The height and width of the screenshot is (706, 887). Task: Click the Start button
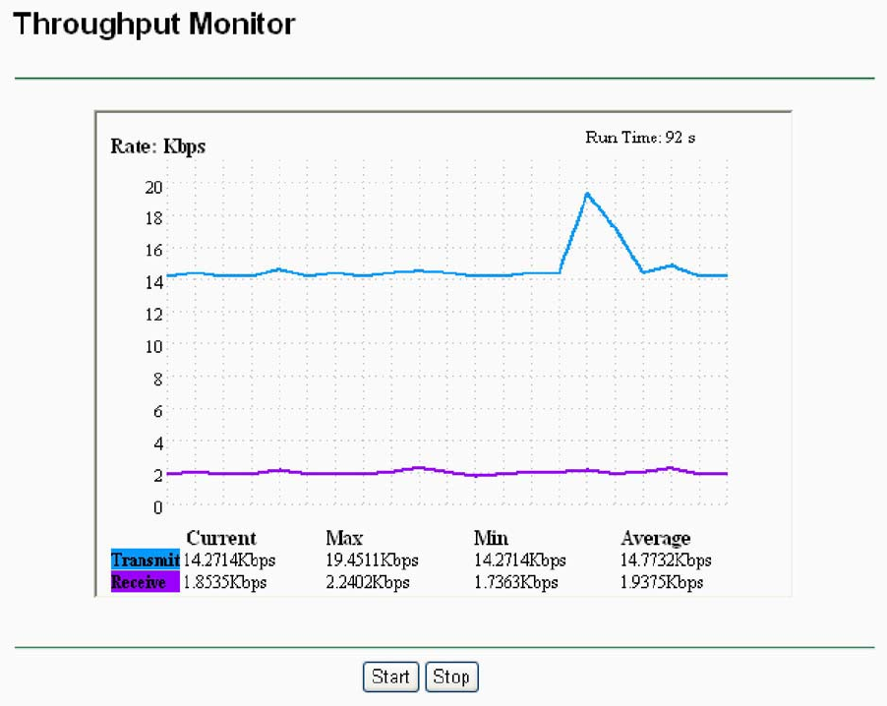coord(390,677)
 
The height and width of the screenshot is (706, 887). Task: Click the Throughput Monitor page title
coord(154,24)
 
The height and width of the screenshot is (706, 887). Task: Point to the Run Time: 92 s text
coord(640,138)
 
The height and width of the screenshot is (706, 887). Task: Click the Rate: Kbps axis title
coord(157,147)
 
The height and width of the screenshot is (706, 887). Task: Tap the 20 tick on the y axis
coord(153,185)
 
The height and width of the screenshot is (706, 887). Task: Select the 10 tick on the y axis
coord(153,345)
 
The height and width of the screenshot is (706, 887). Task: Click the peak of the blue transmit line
coord(587,194)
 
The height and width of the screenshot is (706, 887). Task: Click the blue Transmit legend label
coord(145,559)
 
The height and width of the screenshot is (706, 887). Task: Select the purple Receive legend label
coord(145,582)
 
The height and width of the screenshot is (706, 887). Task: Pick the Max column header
coord(344,538)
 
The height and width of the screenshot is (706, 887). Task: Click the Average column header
coord(656,538)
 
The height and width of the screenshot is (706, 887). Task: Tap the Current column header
coord(221,538)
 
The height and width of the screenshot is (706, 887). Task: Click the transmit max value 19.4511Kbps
coord(372,560)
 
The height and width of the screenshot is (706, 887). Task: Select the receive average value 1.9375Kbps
coord(662,582)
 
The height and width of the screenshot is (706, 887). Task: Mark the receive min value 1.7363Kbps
coord(515,582)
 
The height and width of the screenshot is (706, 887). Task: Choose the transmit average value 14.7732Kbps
coord(666,560)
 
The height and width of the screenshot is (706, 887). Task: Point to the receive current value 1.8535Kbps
coord(225,582)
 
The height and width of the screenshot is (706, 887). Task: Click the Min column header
coord(491,538)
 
